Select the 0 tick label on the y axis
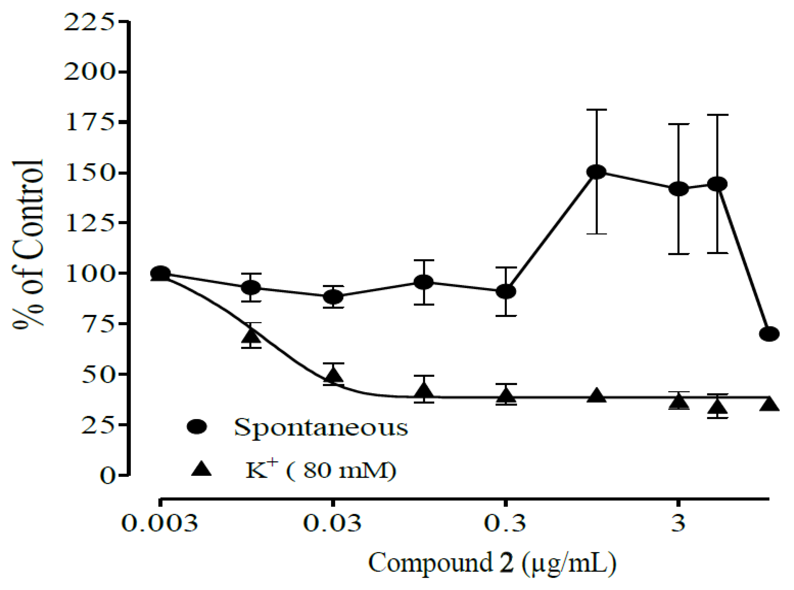pyautogui.click(x=107, y=476)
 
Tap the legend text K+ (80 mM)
pyautogui.click(x=321, y=470)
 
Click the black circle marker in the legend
pyautogui.click(x=197, y=426)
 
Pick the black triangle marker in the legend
pyautogui.click(x=201, y=469)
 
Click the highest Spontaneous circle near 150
pyautogui.click(x=596, y=172)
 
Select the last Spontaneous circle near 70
pyautogui.click(x=769, y=334)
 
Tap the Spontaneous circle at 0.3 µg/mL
pyautogui.click(x=506, y=292)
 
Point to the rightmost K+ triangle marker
pyautogui.click(x=769, y=405)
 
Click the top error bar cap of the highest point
pyautogui.click(x=596, y=110)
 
